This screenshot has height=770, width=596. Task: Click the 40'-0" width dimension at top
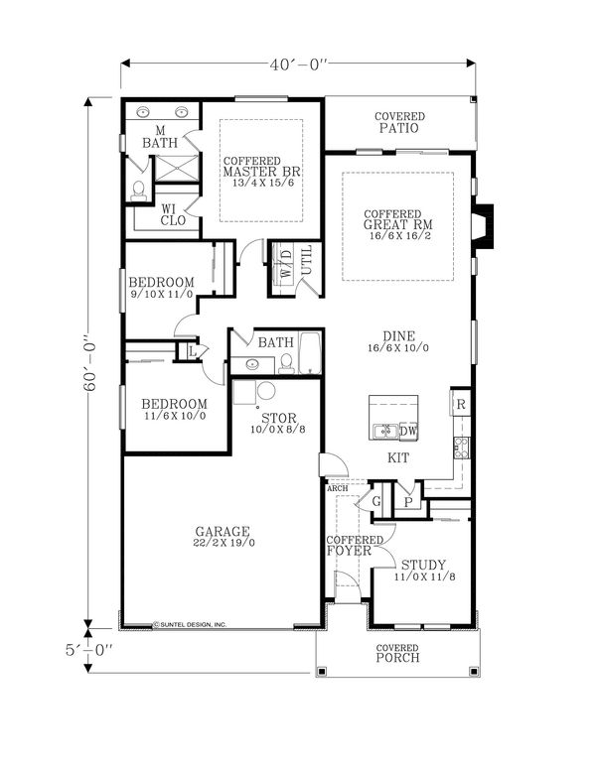(x=298, y=64)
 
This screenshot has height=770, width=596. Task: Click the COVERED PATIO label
(x=399, y=123)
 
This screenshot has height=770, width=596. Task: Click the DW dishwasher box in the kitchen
(x=408, y=431)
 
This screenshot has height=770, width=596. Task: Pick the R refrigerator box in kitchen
(x=460, y=405)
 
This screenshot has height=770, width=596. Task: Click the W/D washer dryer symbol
(x=286, y=269)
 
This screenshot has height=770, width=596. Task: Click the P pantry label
(x=407, y=503)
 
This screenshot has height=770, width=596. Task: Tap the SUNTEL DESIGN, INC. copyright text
(x=191, y=624)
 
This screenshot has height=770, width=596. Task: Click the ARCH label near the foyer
(x=336, y=487)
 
